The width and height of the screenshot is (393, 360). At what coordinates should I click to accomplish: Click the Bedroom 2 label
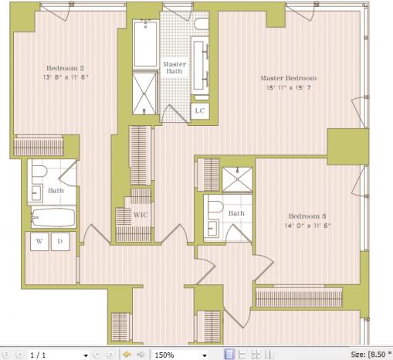tap(65, 68)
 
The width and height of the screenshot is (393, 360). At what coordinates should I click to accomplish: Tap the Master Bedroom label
tap(289, 78)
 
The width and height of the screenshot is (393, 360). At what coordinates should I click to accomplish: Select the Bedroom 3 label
tap(307, 216)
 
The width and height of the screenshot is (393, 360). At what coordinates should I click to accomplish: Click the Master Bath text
tap(174, 67)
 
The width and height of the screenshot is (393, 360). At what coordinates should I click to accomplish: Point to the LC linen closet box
tap(200, 111)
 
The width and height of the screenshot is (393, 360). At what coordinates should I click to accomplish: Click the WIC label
tap(141, 215)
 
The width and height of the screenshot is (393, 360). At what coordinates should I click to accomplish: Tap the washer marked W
tap(39, 242)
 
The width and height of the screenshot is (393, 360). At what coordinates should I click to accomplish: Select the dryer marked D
tap(60, 242)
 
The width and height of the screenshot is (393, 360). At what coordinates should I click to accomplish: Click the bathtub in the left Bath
tap(53, 218)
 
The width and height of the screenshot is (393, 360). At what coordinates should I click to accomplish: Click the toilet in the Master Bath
tap(202, 24)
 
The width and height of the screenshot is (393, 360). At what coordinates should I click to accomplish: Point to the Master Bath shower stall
tap(144, 93)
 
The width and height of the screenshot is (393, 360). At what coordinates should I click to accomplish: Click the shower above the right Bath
tap(237, 179)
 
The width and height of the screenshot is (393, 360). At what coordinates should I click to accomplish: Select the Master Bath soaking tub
tap(145, 44)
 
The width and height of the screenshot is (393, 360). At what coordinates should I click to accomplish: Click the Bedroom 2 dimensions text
tap(66, 77)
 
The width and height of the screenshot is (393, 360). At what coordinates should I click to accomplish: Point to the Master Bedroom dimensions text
tap(289, 87)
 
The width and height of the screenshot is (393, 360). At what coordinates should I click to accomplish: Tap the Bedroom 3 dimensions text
tap(307, 226)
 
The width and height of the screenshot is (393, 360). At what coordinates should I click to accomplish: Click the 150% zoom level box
tap(181, 355)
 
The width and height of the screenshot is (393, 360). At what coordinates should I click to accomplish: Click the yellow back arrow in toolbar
tap(127, 355)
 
